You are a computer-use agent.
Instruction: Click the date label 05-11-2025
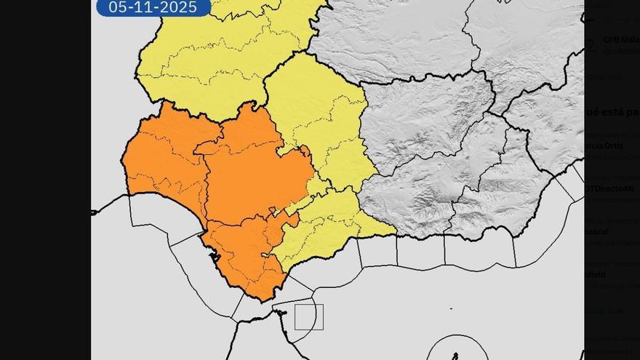pos(153,7)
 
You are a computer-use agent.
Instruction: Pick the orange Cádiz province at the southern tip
pos(244,258)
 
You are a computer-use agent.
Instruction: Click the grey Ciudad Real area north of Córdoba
pos(393,36)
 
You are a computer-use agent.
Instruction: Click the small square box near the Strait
pos(308,317)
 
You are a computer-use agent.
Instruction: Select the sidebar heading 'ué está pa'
pos(612,111)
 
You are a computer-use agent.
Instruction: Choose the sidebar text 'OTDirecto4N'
pos(610,188)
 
